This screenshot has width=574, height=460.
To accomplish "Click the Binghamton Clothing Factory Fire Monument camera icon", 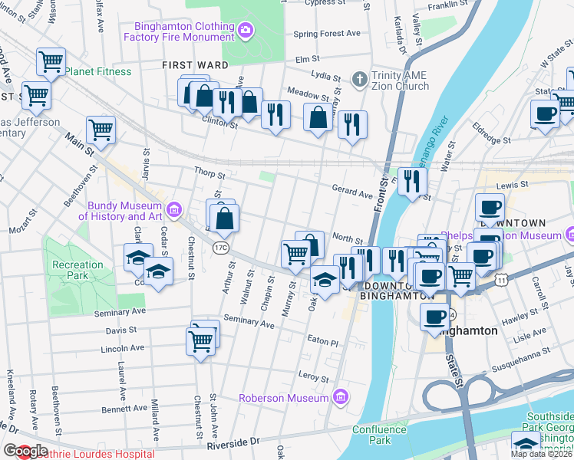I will point(246,31).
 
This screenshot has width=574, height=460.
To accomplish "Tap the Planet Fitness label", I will point(97,72).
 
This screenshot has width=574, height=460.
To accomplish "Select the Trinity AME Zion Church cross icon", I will point(358,79).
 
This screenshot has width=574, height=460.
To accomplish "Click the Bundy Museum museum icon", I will point(174,209).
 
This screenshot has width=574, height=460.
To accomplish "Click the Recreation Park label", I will point(78,270).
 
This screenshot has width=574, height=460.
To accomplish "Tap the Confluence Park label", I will point(379,435).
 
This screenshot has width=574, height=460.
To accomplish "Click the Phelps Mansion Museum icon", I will point(569,232).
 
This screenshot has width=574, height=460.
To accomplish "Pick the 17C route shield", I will point(221,247).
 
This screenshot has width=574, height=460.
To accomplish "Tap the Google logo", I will point(25,451).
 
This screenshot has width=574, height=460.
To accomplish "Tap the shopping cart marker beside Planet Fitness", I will point(51,61).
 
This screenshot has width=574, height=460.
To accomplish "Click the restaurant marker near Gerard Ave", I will point(413,181).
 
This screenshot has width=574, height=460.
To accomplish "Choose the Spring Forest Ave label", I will point(327,34).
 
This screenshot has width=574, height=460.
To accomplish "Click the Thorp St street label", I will point(209,173).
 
